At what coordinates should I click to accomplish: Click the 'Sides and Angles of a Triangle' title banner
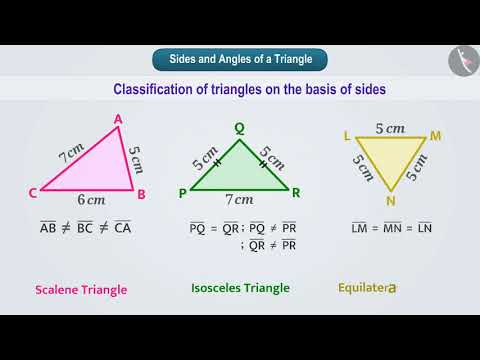tap(239, 59)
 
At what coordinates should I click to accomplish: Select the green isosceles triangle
tap(239, 173)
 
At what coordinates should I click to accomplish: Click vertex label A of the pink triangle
tap(118, 120)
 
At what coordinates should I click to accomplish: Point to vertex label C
tap(33, 193)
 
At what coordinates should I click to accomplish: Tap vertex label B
tap(142, 194)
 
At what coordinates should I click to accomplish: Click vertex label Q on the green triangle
tap(239, 127)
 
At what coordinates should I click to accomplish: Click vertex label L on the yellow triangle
tap(345, 134)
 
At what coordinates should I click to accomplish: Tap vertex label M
tap(435, 134)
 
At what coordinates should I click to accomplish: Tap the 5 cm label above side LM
tap(389, 127)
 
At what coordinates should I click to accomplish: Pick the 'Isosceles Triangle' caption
tap(240, 288)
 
